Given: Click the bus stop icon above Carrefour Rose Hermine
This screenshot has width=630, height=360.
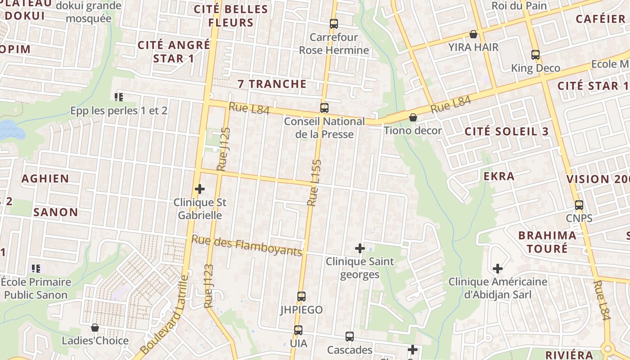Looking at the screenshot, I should (333, 23).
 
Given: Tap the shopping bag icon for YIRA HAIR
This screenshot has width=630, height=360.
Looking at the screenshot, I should (473, 34).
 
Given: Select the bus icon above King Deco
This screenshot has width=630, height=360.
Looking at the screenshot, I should (535, 55).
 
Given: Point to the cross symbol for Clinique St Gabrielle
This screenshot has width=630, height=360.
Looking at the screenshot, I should (199, 189).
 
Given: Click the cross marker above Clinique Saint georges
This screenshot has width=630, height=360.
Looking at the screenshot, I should (360, 248).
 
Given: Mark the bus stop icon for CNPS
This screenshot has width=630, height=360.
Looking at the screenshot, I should (579, 205).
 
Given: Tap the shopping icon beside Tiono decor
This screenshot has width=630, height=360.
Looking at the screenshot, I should (413, 117).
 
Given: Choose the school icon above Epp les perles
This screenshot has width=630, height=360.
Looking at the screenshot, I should (119, 97).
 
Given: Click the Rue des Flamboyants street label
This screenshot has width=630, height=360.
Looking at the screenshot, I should (247, 245).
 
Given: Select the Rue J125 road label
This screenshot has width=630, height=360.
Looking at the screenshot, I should (224, 149).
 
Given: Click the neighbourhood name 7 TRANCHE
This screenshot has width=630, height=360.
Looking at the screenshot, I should (272, 84).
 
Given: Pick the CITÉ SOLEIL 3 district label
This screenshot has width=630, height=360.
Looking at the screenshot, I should (507, 131).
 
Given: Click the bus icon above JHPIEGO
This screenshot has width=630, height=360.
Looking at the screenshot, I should (301, 297).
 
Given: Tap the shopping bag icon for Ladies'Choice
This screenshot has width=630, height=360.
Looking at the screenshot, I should (94, 328).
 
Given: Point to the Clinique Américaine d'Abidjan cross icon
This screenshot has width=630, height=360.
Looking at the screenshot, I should (497, 269).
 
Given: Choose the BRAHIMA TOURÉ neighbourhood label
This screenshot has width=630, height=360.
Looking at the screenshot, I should (547, 242).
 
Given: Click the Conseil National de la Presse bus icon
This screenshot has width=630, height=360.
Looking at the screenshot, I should (324, 108).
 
